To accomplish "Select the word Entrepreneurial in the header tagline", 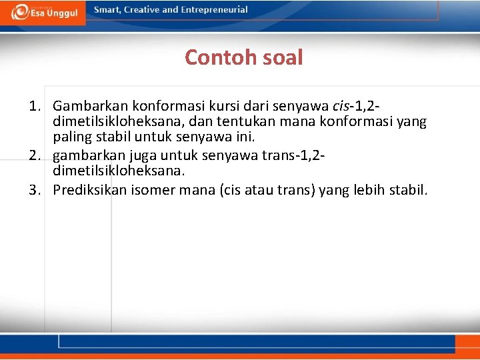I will pos(213,10).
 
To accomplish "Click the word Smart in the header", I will pos(107,10).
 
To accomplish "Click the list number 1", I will pos(34,106).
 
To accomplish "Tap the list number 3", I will pos(34,190).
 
